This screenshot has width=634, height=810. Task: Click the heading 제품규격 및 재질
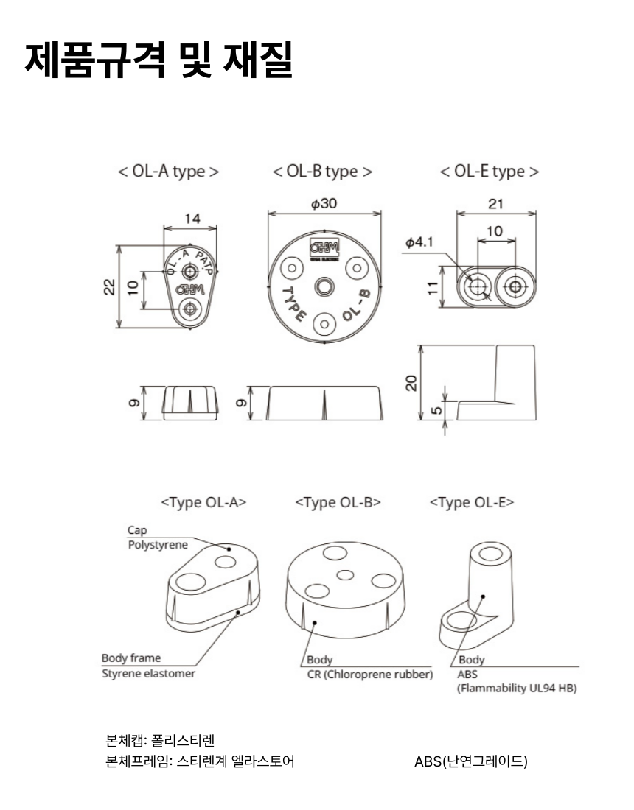(158, 61)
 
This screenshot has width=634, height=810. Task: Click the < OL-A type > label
(168, 172)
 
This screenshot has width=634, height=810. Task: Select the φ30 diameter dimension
(324, 204)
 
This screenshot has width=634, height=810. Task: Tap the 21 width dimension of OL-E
(495, 204)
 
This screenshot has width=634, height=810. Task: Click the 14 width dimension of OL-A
(192, 219)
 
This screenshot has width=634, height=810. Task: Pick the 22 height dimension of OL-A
(109, 287)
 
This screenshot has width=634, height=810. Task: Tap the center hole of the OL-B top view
(324, 286)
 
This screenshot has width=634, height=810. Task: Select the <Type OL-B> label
(338, 503)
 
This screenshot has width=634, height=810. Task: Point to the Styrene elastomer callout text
(148, 674)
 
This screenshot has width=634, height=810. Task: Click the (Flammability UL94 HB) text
(517, 688)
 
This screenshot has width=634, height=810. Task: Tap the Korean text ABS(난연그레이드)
(471, 761)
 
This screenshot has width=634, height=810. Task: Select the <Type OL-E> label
(472, 503)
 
